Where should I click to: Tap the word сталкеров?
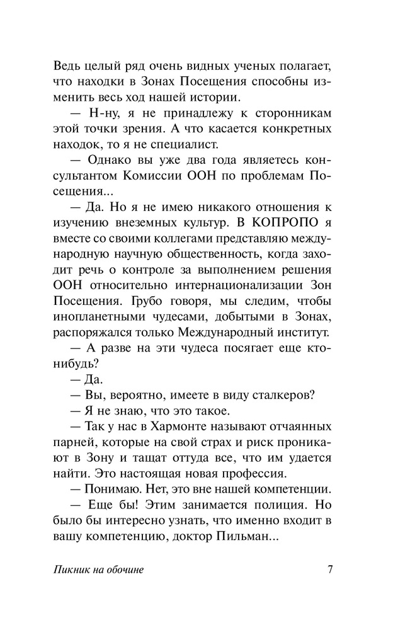[x=277, y=395]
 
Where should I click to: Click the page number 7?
[x=330, y=571]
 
